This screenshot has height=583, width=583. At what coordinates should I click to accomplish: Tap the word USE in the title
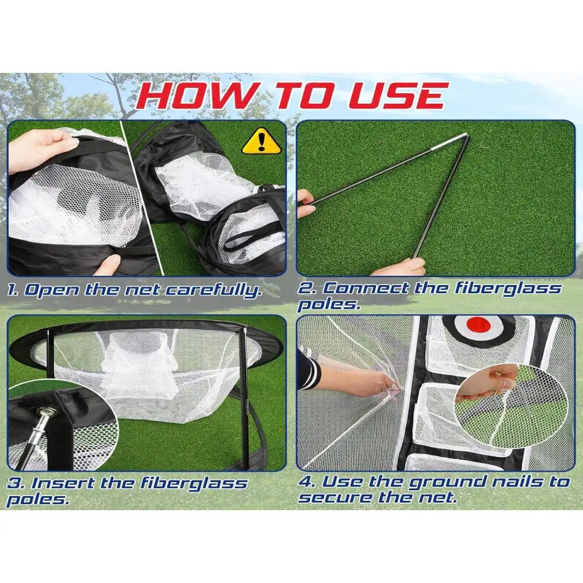pos(396,97)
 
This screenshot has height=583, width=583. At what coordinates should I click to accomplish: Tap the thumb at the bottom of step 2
pos(408,266)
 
